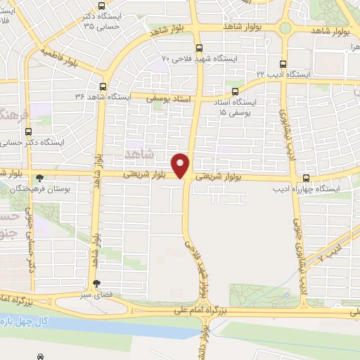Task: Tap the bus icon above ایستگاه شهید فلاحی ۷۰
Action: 199,49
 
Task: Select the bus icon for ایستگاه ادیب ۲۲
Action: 283,63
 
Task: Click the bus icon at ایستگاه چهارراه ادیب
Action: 306,179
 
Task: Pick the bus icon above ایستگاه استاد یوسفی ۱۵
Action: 235,91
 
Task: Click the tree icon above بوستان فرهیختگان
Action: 40,179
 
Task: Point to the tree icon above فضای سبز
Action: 96,283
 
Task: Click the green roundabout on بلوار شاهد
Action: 285,28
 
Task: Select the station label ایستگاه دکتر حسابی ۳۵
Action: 112,20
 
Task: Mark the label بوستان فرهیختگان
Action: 39,190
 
